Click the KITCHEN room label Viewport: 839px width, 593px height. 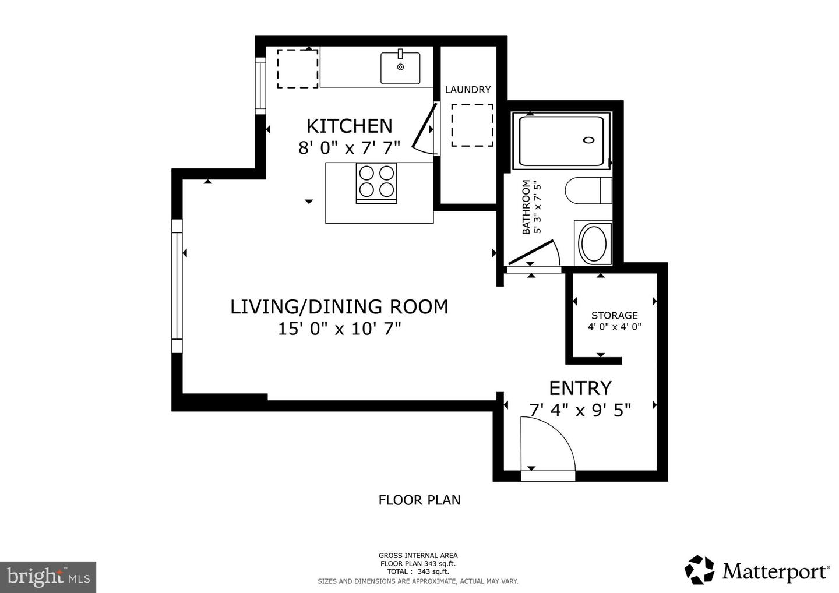coord(350,126)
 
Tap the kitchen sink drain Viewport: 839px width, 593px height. coord(400,67)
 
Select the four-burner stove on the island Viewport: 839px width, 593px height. coord(376,183)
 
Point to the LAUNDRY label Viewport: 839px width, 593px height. coord(468,90)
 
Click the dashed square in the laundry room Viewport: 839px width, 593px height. coord(472,125)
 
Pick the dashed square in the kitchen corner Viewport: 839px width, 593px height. coord(298,69)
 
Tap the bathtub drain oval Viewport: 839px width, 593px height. coord(589,140)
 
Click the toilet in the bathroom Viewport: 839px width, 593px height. coord(588,190)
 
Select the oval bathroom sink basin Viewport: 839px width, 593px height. coord(594,243)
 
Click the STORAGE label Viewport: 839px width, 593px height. coord(614,315)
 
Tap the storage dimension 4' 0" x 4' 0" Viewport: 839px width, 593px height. coord(614,327)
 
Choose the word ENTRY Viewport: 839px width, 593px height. coord(580,388)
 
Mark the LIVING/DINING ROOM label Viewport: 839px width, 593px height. coord(339,306)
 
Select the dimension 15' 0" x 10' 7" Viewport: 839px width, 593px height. coord(339,329)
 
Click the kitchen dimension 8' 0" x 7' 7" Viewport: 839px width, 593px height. coord(350,147)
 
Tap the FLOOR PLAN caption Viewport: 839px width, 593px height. coord(419,500)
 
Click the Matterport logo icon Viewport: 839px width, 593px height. coord(700,570)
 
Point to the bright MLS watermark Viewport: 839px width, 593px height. coord(48,577)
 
